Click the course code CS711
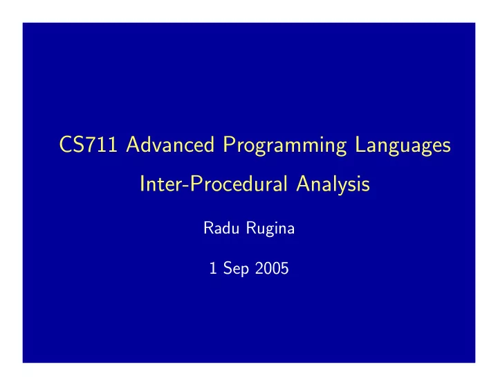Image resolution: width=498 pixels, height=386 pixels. click(x=89, y=144)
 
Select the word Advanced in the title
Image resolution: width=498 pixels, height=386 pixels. click(x=170, y=144)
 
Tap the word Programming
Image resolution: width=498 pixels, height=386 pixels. click(x=284, y=146)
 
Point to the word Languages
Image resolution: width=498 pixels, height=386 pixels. click(x=403, y=146)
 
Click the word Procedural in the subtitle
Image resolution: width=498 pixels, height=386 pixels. click(x=239, y=184)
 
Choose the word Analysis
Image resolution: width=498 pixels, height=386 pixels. click(x=333, y=184)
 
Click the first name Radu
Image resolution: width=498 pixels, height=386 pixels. click(x=221, y=228)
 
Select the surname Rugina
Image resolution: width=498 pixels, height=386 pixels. click(x=270, y=229)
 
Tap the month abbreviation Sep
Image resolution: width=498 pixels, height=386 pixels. click(x=236, y=269)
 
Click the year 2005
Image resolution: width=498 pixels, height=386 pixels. click(x=272, y=268)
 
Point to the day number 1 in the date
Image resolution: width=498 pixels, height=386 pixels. click(x=213, y=268)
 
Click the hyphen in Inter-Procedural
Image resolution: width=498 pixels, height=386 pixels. click(x=187, y=186)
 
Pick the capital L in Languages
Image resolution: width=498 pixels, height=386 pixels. click(x=360, y=144)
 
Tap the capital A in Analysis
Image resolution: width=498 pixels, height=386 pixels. click(x=304, y=184)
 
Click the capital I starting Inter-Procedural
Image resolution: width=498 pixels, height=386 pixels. click(x=142, y=184)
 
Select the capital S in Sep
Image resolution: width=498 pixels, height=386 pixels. click(x=228, y=268)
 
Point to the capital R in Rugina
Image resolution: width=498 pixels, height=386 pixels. click(x=252, y=228)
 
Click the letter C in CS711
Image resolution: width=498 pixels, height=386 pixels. click(x=66, y=144)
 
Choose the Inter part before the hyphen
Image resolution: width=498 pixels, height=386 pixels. click(x=162, y=184)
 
